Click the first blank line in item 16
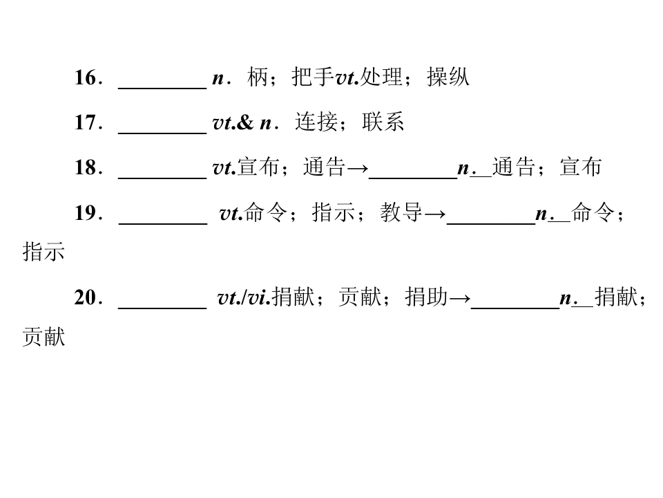click(x=162, y=88)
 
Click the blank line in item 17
click(x=162, y=133)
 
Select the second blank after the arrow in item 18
click(x=413, y=178)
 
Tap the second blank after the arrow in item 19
click(x=491, y=223)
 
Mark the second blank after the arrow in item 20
click(x=515, y=308)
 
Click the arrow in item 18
click(x=357, y=169)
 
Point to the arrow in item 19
click(x=434, y=214)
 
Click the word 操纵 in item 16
click(x=448, y=77)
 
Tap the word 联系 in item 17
click(x=383, y=122)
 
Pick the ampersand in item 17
click(x=246, y=122)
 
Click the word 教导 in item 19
click(x=401, y=212)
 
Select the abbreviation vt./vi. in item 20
click(x=244, y=297)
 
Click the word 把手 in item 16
click(x=313, y=77)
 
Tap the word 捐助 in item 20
click(x=426, y=297)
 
